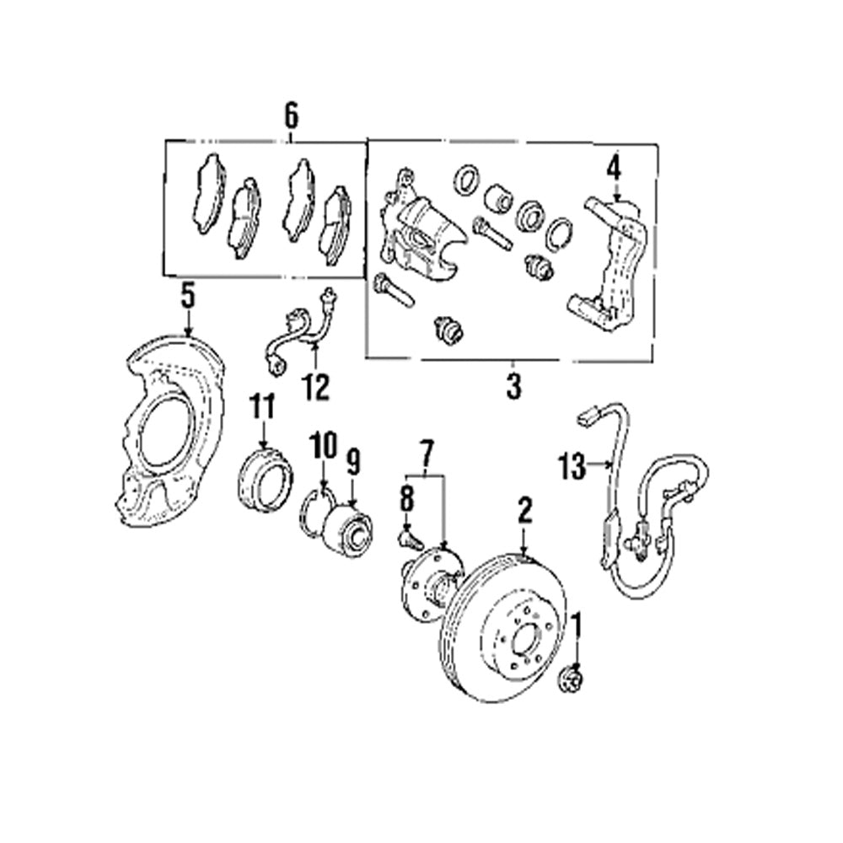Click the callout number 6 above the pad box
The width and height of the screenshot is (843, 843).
[291, 115]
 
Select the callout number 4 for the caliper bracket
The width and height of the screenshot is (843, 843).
[613, 169]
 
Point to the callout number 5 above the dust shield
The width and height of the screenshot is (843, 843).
[187, 296]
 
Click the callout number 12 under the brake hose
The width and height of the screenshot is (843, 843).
[318, 387]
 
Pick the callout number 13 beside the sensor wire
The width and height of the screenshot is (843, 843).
[572, 465]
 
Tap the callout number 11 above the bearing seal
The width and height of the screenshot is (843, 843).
[262, 408]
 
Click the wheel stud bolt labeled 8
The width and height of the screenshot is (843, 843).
[408, 536]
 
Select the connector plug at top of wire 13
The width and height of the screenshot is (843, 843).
[588, 416]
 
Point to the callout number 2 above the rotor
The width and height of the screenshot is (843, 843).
[524, 510]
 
